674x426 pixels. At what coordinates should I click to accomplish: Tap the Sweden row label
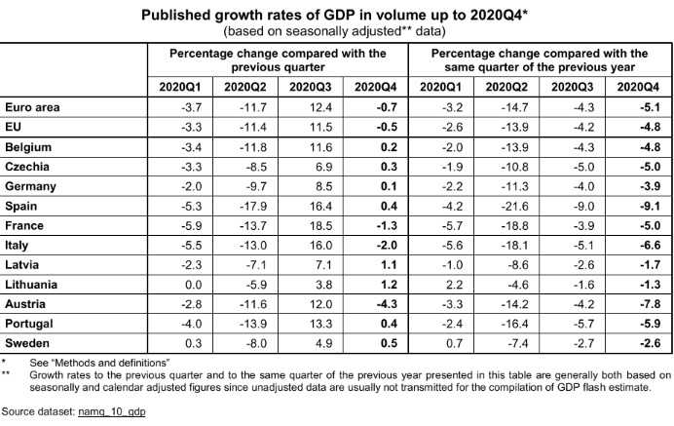(29, 343)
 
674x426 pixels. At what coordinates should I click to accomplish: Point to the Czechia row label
(29, 166)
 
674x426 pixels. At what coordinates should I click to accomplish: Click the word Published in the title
(172, 17)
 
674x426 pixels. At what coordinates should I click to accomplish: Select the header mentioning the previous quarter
(278, 59)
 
